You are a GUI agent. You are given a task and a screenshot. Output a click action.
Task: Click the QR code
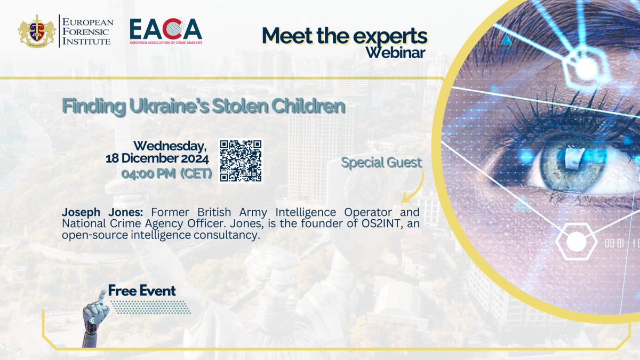241,161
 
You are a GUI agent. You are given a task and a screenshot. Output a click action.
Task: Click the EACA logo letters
166,30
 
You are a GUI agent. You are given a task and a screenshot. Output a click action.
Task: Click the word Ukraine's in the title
163,106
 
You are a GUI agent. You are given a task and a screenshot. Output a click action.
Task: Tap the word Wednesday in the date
170,146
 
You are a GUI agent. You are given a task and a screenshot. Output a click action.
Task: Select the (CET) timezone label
195,173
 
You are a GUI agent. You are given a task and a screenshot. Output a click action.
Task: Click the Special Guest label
381,162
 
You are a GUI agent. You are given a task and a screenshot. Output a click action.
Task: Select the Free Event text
141,291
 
